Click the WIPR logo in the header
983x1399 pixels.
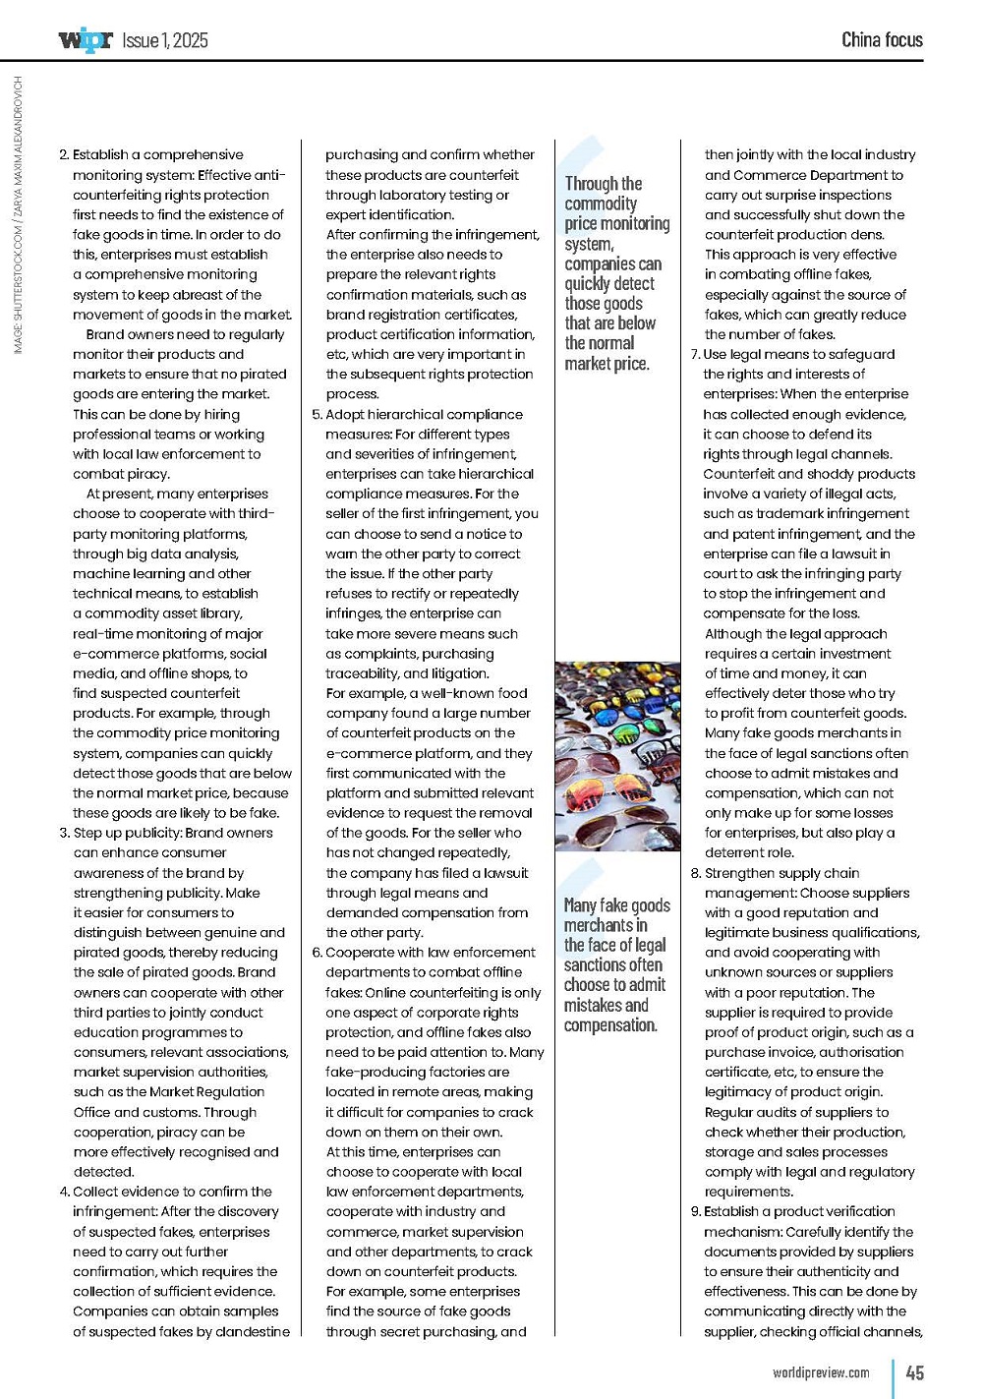86,40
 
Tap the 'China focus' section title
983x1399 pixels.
882,40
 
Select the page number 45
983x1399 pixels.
914,1372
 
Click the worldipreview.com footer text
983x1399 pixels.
821,1372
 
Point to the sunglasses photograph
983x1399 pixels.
616,755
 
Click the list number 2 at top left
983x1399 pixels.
64,155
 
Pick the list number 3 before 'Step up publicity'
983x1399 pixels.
64,833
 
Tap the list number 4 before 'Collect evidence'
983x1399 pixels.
64,1192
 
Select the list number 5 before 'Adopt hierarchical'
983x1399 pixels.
317,415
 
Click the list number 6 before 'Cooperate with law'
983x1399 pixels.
317,953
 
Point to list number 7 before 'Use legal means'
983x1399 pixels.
695,355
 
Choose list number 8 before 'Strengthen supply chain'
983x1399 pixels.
695,873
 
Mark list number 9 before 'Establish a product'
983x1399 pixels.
695,1211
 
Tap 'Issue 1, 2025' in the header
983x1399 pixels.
165,40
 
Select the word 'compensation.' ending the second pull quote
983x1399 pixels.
609,1025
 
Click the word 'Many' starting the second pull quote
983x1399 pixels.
580,905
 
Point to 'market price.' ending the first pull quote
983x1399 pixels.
607,364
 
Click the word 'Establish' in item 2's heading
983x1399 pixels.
100,155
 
